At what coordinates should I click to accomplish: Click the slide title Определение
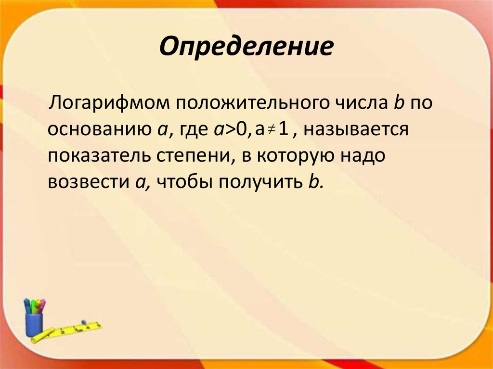coord(246,47)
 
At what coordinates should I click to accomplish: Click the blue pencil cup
coord(34,325)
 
